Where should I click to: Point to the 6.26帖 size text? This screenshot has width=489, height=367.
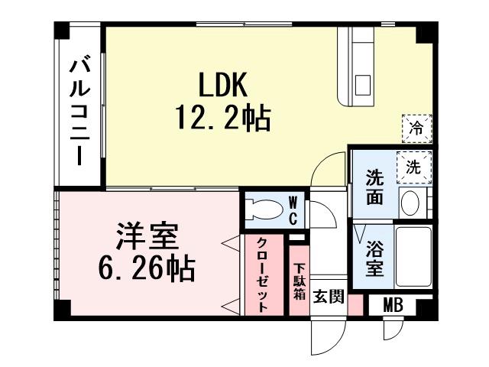(x=147, y=268)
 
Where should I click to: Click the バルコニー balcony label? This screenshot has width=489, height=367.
(x=79, y=112)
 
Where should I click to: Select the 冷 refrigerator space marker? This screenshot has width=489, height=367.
(x=417, y=126)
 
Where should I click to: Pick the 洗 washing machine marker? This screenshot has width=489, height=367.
(x=413, y=166)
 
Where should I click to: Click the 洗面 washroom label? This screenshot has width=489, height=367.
(x=374, y=187)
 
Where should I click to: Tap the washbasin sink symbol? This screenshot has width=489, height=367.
(x=411, y=203)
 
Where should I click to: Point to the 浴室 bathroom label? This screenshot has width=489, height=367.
(x=374, y=259)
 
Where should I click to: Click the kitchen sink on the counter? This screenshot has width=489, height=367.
(x=361, y=82)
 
